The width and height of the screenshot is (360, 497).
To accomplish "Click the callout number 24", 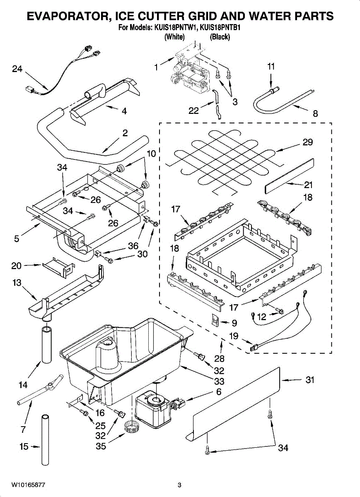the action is coord(17,69).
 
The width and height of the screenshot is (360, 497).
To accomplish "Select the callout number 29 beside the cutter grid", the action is coord(308,142).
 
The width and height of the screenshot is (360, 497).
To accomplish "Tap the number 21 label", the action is coord(308,185).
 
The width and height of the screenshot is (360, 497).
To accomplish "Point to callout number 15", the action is coord(24,446).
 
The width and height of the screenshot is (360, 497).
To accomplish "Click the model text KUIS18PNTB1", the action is coord(220,28).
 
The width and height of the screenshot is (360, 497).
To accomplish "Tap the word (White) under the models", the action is coord(174,36).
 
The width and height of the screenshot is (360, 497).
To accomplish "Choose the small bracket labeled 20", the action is coord(58,268).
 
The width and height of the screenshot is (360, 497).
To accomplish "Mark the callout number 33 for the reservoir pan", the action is coord(219,381).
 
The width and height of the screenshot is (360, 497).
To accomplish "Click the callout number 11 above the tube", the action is coord(271,66).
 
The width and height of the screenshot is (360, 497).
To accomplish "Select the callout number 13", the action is coord(17,282).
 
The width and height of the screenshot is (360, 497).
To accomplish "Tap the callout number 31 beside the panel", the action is coord(310,380).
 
